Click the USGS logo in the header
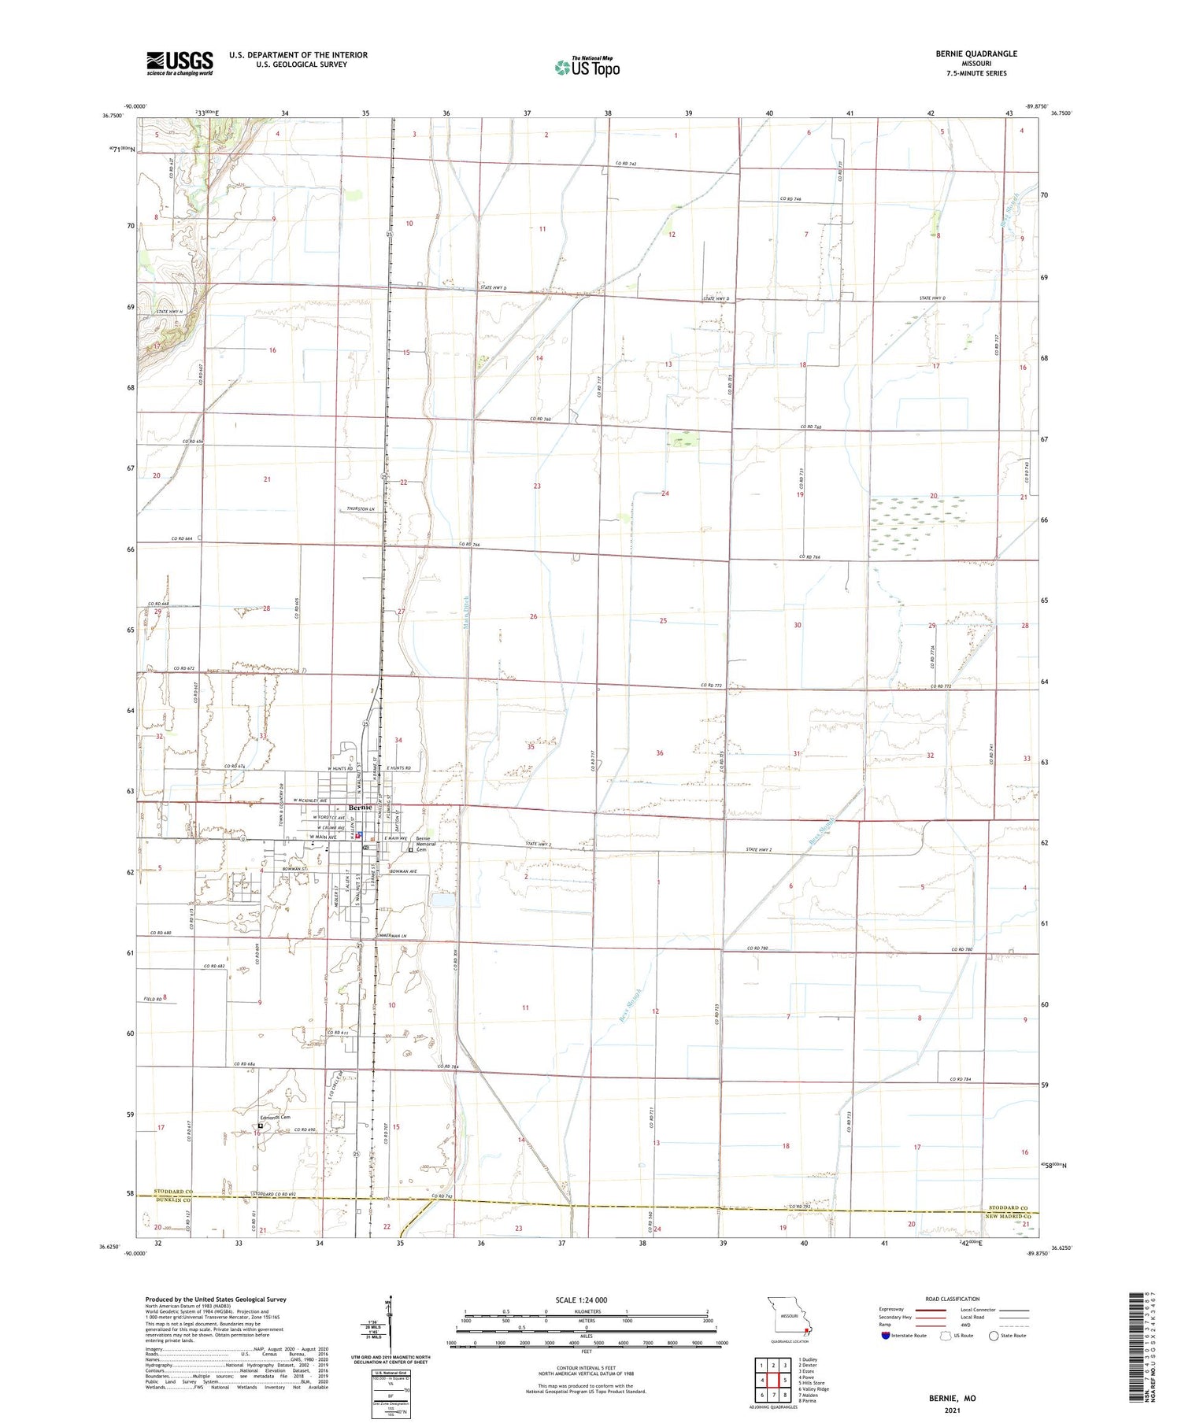click(179, 63)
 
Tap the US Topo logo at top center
click(587, 67)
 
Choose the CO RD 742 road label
click(625, 164)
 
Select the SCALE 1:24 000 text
click(582, 1300)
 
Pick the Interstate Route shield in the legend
click(887, 1336)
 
